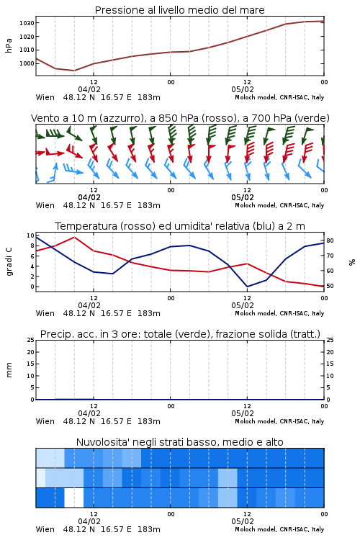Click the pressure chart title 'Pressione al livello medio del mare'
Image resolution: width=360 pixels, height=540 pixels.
[x=179, y=10]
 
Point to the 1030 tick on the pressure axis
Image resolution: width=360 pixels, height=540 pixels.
[x=27, y=23]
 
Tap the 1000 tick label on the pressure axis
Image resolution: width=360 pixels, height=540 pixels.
[x=27, y=63]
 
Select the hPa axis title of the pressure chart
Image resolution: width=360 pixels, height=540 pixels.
[x=9, y=45]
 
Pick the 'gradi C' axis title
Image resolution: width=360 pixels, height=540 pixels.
[x=9, y=262]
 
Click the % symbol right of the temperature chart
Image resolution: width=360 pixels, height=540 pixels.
[x=352, y=262]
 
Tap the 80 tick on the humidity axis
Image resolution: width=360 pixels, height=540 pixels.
[x=330, y=240]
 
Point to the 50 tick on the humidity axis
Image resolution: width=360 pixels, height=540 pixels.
[x=330, y=286]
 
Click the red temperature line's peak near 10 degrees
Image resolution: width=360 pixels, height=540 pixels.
[x=74, y=237]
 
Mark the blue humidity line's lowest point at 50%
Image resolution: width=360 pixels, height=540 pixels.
[x=247, y=287]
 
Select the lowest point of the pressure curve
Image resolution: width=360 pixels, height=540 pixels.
[x=74, y=71]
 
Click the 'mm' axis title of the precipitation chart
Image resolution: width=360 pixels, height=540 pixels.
[x=9, y=370]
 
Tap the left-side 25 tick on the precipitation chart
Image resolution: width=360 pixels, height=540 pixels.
[x=30, y=340]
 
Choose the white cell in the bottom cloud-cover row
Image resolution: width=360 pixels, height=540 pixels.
[x=74, y=498]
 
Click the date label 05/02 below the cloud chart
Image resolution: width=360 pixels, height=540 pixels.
[x=243, y=521]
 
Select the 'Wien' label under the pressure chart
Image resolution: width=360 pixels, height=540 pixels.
[x=45, y=97]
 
